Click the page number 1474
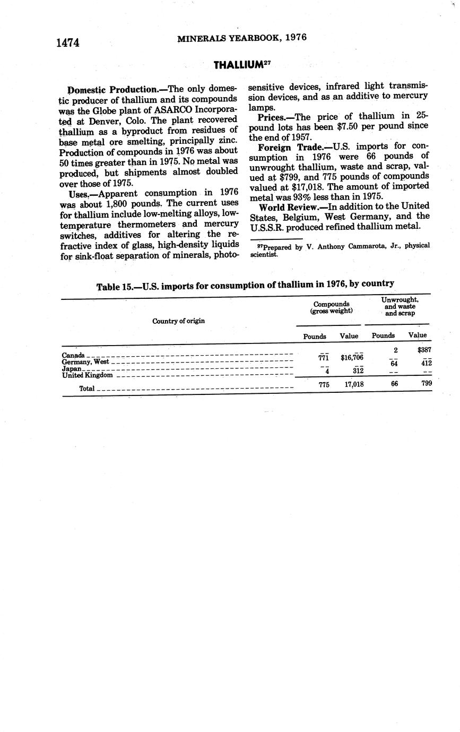tap(68, 43)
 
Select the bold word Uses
tap(79, 194)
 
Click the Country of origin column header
tap(178, 321)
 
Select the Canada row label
tap(73, 355)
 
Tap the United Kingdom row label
tap(88, 375)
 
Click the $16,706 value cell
tap(351, 358)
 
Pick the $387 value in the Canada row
tap(424, 350)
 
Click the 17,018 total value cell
tap(354, 384)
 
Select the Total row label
tap(87, 389)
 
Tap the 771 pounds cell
tap(323, 358)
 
